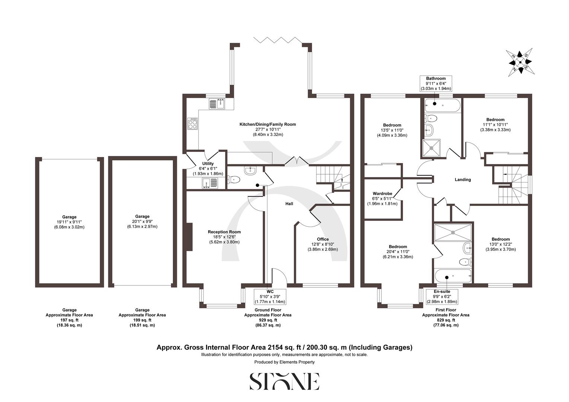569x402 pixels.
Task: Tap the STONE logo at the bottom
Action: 284,382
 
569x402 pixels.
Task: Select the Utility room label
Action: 208,163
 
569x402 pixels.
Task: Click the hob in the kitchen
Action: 193,124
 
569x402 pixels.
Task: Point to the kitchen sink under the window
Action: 217,104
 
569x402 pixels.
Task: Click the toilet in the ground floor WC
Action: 234,180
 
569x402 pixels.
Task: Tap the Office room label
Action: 322,239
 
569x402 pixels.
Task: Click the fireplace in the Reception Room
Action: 189,237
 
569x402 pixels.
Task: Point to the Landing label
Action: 463,179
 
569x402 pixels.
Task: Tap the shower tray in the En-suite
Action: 453,232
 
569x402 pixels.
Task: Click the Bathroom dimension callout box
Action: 436,84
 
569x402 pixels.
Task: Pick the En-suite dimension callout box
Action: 442,297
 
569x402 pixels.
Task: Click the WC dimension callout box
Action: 270,297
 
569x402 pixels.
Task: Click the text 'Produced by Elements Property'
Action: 284,362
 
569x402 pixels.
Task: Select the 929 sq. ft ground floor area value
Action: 267,320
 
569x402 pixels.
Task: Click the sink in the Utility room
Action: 207,182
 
